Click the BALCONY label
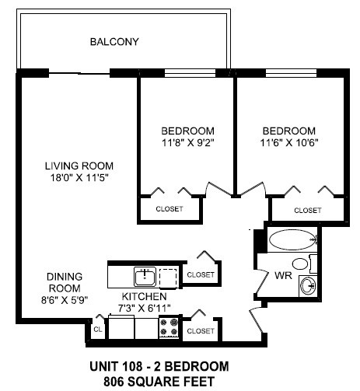[114, 41]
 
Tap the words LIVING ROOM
[79, 166]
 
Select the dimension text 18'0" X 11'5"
[79, 177]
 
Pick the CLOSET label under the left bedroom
[170, 209]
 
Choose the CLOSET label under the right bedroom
[308, 210]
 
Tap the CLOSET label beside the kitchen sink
[201, 274]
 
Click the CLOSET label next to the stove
[201, 330]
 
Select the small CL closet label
[97, 330]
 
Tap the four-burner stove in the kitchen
[169, 328]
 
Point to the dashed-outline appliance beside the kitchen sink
[169, 276]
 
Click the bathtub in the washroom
[290, 239]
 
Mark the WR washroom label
[282, 275]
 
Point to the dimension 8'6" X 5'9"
[65, 298]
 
